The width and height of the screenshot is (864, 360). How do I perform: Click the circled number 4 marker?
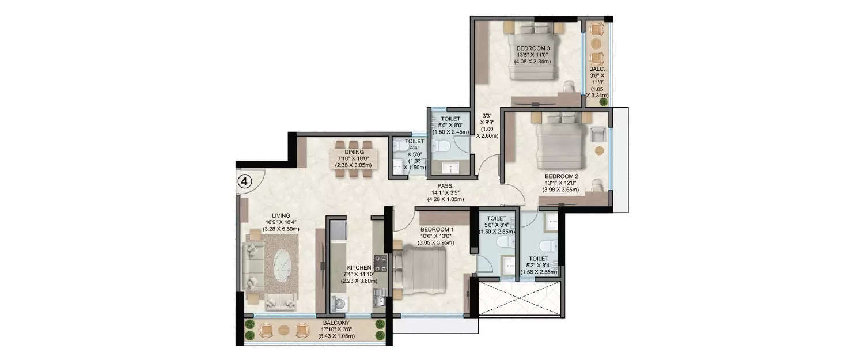[245, 181]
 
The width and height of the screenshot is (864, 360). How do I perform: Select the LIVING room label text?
[251, 216]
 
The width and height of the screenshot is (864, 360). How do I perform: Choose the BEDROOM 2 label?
[556, 176]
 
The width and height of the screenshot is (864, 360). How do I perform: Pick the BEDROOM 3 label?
[533, 48]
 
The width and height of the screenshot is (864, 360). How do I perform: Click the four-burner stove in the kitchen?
[380, 264]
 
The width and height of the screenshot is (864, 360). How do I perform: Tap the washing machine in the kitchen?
[340, 303]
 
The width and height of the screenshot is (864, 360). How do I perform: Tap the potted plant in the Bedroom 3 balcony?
[603, 102]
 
